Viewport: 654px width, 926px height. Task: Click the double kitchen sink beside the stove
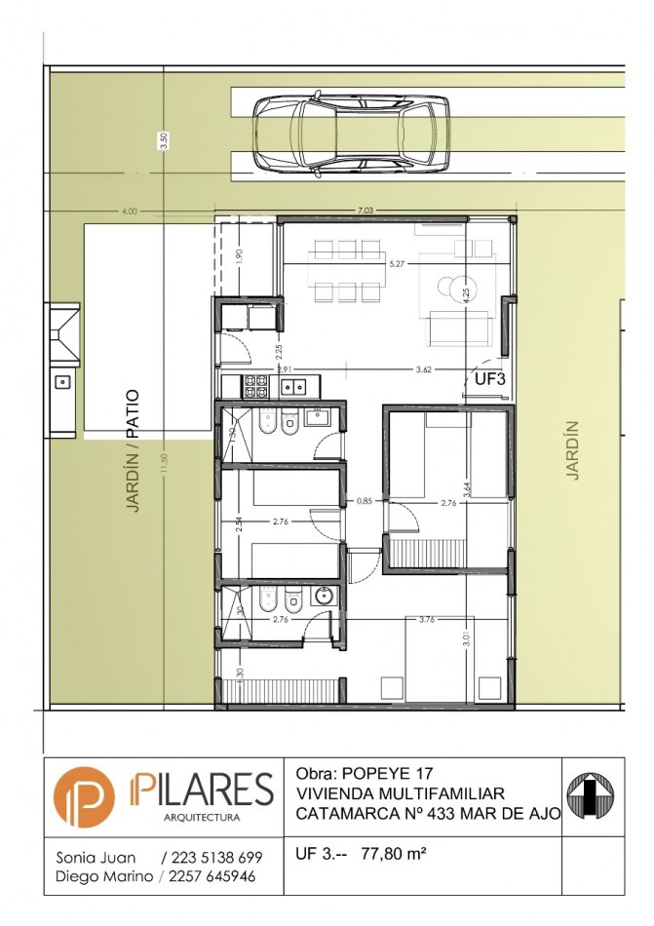[x=292, y=387]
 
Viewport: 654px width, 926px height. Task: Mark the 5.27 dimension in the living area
[x=397, y=263]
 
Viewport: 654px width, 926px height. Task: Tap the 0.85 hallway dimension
[x=364, y=502]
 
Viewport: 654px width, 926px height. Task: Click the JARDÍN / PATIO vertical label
[x=133, y=451]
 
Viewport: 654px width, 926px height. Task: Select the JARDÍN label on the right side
[x=573, y=449]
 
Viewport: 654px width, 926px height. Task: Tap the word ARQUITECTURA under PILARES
[x=202, y=817]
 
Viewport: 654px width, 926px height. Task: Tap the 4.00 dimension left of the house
[x=129, y=211]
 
